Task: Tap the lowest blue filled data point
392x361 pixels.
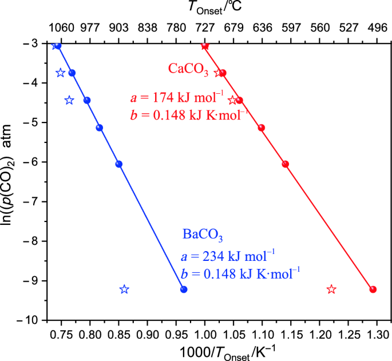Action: click(184, 289)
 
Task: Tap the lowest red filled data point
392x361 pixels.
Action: click(373, 289)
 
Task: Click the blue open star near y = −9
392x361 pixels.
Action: click(124, 289)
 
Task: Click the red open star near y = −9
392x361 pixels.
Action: click(331, 289)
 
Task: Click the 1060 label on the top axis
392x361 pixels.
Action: click(61, 28)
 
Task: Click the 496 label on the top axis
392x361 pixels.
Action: click(377, 28)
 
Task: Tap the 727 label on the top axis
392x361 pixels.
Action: click(205, 28)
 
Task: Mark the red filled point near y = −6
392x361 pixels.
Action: click(286, 164)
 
